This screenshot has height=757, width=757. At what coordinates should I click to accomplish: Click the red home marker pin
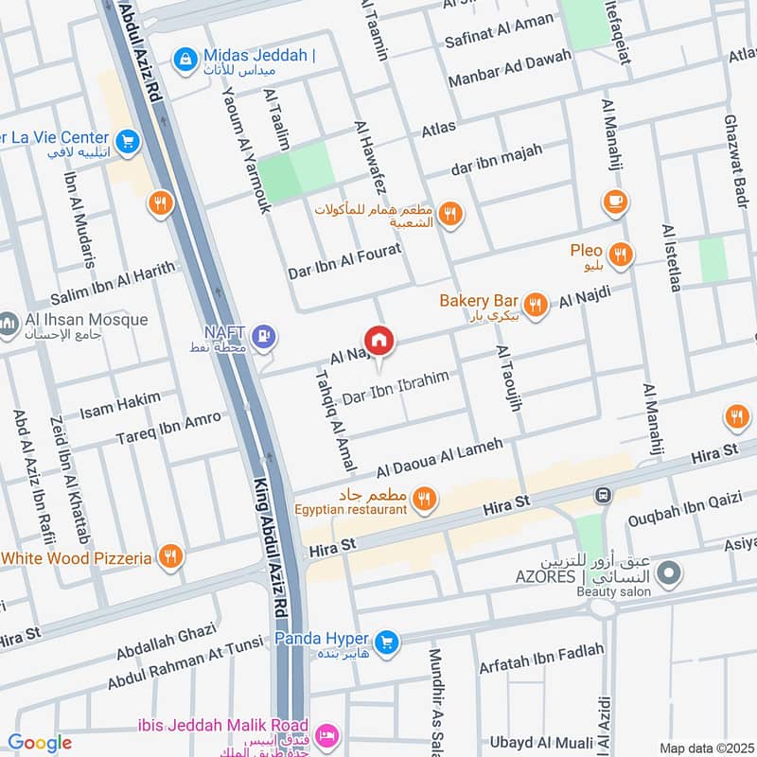pyautogui.click(x=378, y=341)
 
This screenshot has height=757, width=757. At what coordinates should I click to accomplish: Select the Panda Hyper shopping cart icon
pyautogui.click(x=385, y=643)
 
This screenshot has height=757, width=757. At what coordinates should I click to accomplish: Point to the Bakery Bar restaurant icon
pyautogui.click(x=536, y=304)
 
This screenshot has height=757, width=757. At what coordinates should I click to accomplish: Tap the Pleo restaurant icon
pyautogui.click(x=622, y=253)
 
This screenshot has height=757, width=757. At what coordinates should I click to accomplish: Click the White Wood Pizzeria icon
pyautogui.click(x=171, y=557)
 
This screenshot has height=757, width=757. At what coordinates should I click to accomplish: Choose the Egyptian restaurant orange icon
pyautogui.click(x=425, y=499)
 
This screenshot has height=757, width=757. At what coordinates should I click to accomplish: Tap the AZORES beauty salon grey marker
pyautogui.click(x=669, y=573)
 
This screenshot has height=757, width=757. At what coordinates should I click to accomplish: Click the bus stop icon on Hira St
pyautogui.click(x=601, y=495)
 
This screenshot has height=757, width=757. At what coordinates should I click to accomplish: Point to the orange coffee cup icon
pyautogui.click(x=615, y=201)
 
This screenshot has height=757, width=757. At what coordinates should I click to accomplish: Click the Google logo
pyautogui.click(x=40, y=743)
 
